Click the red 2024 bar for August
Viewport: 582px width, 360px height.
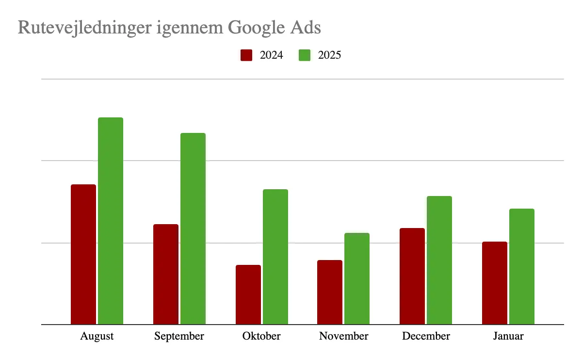[83, 254]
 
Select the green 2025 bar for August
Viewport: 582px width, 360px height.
[111, 221]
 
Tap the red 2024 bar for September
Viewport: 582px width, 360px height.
[166, 274]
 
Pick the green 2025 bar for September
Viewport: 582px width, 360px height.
[193, 229]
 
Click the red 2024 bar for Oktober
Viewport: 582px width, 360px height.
[248, 295]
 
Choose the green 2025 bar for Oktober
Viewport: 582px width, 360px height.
[275, 257]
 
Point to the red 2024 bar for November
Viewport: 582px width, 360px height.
[330, 292]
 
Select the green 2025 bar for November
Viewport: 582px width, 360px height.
[357, 278]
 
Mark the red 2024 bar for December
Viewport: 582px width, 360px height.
[412, 276]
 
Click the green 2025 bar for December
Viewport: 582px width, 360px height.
[439, 260]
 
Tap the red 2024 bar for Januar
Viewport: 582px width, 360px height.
[495, 283]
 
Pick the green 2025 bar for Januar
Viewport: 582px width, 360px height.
[522, 266]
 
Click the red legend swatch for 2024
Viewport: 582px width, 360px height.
[246, 55]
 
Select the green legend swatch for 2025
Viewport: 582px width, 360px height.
[305, 55]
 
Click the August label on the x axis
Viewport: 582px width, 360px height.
[97, 336]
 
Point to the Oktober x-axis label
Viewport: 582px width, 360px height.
[262, 336]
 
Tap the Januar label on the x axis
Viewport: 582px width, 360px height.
[508, 336]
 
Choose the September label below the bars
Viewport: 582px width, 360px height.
[179, 336]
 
